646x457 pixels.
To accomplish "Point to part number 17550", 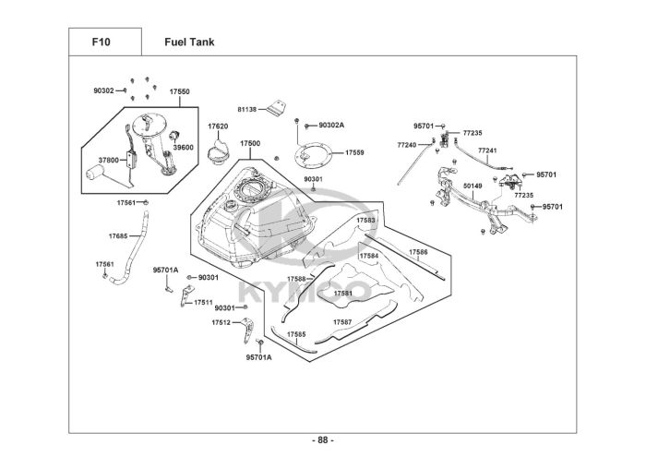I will [179, 91].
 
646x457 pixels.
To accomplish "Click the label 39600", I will [183, 147].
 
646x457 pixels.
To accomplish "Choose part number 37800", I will [109, 160].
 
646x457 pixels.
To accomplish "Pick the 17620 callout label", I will [218, 126].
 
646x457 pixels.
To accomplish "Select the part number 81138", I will [245, 109].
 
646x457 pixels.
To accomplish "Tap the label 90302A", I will [331, 125].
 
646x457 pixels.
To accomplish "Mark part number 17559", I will [354, 152].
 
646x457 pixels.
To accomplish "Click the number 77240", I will [407, 145].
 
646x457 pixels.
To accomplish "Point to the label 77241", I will [487, 150].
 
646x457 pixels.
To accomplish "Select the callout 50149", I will [473, 186].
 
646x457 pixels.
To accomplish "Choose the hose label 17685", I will [118, 235].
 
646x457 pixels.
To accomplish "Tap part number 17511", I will [203, 302].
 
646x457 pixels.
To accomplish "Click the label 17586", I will [418, 251].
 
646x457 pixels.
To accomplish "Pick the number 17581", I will [342, 293].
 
